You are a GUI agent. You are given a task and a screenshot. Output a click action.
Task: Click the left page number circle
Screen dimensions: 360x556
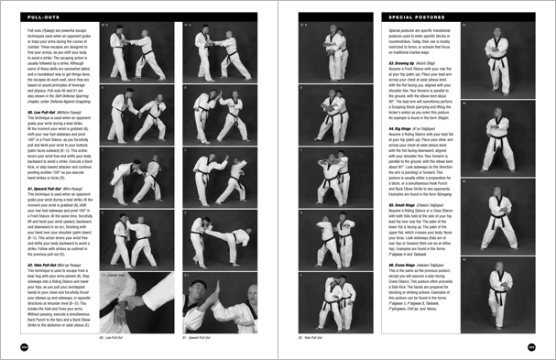(x=22, y=346)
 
